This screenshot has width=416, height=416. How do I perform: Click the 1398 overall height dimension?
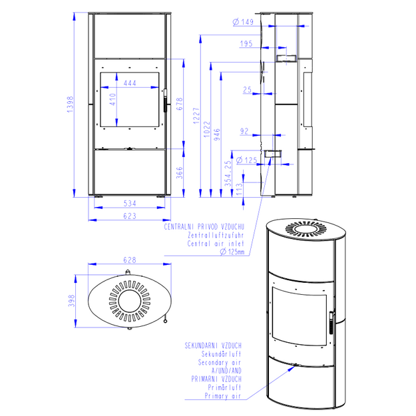[71, 104]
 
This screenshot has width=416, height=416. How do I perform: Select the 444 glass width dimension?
[130, 83]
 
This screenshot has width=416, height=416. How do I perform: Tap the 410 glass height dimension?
[112, 99]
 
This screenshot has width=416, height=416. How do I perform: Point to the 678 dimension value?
[180, 104]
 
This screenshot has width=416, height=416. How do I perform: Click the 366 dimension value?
[180, 172]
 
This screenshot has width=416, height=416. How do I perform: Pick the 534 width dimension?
[130, 204]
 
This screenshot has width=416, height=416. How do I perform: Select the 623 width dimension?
[130, 216]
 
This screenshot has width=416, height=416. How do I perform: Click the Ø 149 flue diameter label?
[243, 22]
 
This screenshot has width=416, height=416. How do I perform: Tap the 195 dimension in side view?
[246, 43]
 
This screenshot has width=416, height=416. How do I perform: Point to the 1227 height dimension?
[196, 116]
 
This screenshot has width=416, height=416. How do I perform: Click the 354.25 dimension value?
[228, 174]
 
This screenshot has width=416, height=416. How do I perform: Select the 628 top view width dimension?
[130, 260]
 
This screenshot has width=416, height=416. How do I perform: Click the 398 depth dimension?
[72, 301]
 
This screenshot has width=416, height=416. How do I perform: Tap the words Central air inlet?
[216, 244]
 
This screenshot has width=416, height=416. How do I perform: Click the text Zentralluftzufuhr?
[216, 236]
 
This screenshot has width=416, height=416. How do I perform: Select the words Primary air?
[223, 396]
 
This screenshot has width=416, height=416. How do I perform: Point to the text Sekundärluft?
[221, 354]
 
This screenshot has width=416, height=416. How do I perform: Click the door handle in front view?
[165, 101]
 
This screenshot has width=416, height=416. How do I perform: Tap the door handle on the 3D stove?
[331, 323]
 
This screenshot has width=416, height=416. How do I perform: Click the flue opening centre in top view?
[130, 301]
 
